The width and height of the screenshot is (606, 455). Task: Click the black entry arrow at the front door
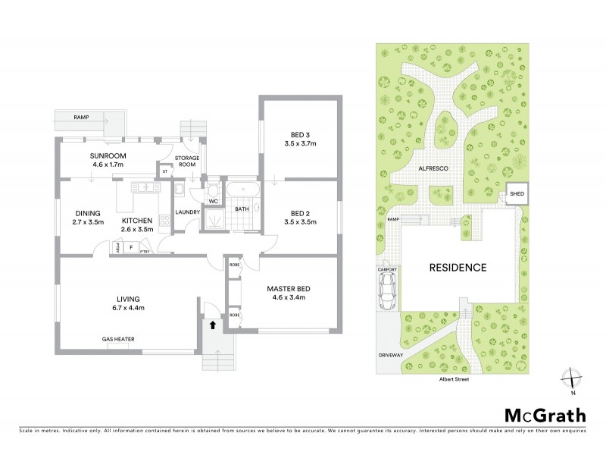[212, 324]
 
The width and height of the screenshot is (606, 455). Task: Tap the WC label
[214, 201]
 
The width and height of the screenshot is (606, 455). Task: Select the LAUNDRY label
[186, 212]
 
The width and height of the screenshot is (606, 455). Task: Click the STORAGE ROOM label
[187, 161]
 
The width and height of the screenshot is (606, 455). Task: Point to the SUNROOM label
[108, 155]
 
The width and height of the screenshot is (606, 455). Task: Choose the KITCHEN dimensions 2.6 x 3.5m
[137, 229]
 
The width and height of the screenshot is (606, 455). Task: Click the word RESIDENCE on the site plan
[458, 268]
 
